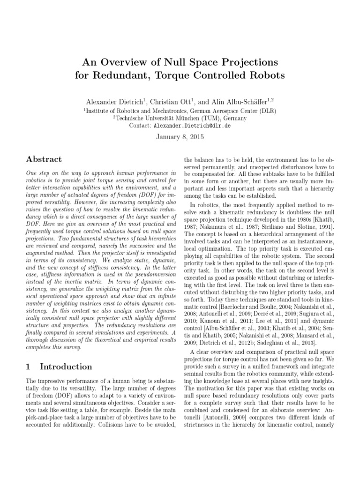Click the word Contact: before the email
141,126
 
